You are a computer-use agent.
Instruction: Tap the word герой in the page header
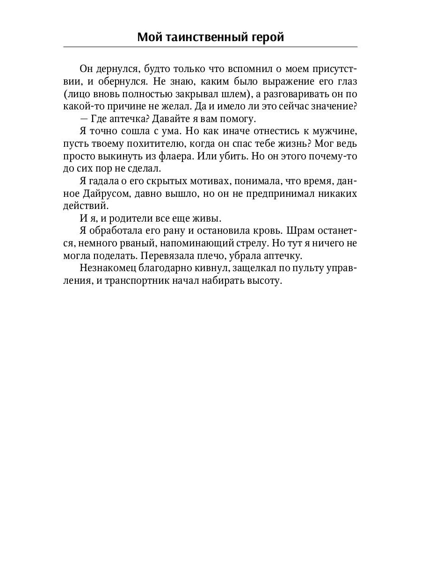coord(266,37)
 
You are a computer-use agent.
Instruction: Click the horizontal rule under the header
coord(210,47)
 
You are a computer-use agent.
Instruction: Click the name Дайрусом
coord(109,193)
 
